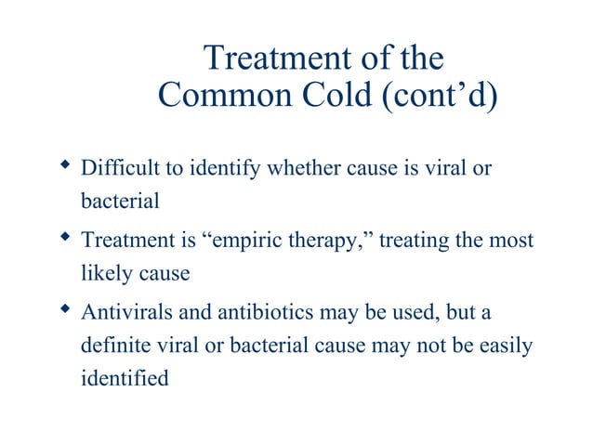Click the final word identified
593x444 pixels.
pyautogui.click(x=125, y=379)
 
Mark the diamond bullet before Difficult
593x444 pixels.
pyautogui.click(x=65, y=167)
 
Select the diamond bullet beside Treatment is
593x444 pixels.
pyautogui.click(x=65, y=237)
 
